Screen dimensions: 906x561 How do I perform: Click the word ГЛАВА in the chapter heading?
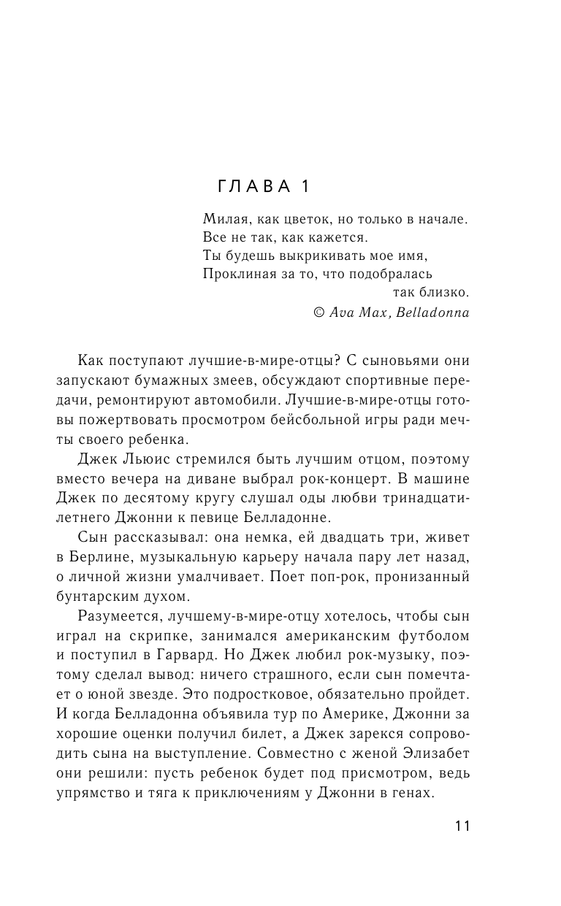point(253,187)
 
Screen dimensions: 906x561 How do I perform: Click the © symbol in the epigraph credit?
point(318,312)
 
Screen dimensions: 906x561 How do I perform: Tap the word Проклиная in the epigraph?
point(231,274)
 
